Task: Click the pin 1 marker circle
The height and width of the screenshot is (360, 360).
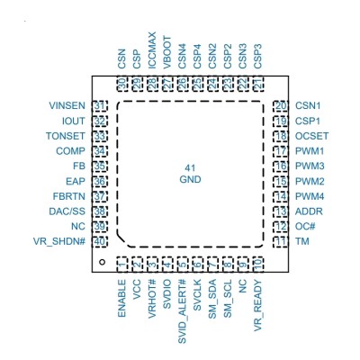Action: (x=102, y=262)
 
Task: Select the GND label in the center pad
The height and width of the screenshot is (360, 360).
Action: (x=190, y=179)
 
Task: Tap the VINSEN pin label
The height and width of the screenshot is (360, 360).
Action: (x=67, y=105)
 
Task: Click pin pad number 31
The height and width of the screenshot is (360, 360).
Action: (x=100, y=106)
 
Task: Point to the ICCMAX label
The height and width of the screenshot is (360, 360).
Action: (x=152, y=50)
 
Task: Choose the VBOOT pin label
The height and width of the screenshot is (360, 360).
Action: (x=167, y=52)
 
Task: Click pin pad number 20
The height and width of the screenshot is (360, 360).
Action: (x=281, y=106)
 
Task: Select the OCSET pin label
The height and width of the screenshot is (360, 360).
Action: (x=311, y=136)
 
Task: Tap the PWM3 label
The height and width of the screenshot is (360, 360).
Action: (x=310, y=166)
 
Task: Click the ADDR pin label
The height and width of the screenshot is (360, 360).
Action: (x=309, y=211)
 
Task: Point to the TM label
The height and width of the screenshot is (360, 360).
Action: (x=301, y=241)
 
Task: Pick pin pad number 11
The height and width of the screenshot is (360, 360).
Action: (x=281, y=241)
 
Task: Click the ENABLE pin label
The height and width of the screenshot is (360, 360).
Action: (x=121, y=298)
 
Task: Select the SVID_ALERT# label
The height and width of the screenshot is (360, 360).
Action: (x=182, y=311)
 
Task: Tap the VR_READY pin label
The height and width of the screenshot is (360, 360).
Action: (x=258, y=305)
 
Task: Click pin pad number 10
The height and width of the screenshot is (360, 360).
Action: (x=258, y=265)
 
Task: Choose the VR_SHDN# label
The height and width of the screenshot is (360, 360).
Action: (x=59, y=241)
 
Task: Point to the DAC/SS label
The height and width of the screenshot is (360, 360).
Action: (x=67, y=211)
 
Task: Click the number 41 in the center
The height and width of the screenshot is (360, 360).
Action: (x=190, y=167)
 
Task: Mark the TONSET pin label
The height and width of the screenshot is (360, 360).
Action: (x=66, y=136)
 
